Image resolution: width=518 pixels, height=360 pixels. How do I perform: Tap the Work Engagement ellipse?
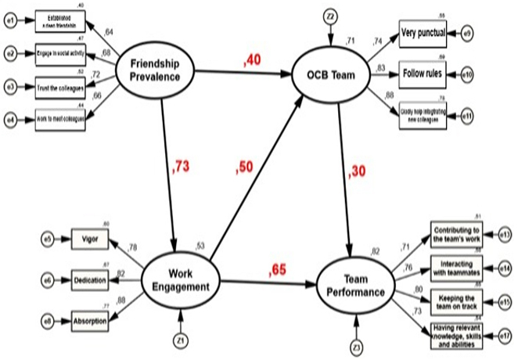181,280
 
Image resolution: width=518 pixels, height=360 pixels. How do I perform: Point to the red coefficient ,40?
252,59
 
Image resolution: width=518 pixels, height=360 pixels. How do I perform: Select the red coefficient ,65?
279,270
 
